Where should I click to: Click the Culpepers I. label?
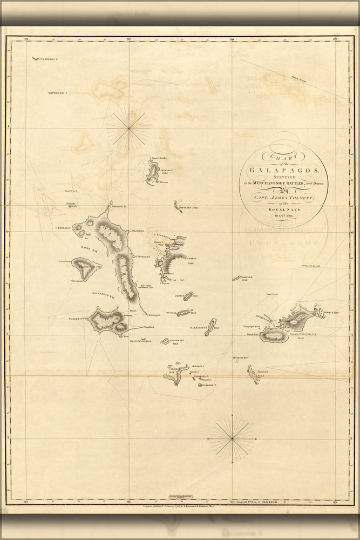47,58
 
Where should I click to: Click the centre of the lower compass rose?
232,438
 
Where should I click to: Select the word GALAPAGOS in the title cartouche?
284,170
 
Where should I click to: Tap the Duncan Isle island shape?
184,313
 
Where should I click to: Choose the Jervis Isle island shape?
187,296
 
